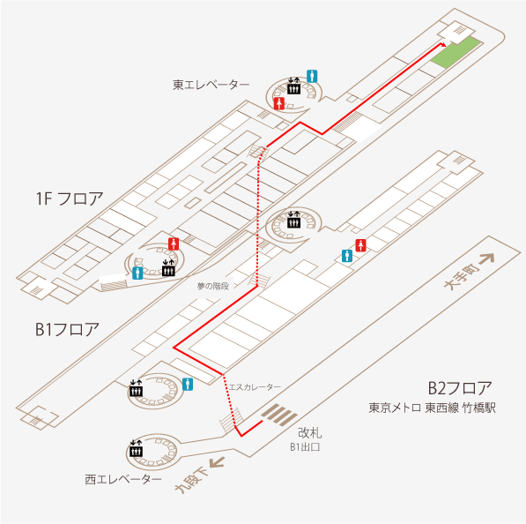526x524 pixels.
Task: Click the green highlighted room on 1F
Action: click(456, 53)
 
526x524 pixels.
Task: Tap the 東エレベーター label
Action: click(211, 85)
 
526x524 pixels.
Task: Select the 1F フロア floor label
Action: click(70, 198)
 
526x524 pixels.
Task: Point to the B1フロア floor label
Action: click(68, 330)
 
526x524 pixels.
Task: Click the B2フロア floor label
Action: click(460, 388)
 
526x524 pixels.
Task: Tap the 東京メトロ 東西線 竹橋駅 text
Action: click(432, 408)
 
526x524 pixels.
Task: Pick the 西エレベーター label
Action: click(123, 479)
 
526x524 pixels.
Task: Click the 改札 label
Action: click(309, 433)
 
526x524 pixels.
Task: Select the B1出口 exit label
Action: click(305, 447)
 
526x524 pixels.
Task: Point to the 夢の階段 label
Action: click(213, 286)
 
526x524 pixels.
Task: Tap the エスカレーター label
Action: click(255, 387)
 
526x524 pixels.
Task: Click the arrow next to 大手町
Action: click(486, 258)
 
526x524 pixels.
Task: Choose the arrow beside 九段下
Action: click(217, 462)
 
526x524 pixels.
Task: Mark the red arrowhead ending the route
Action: click(443, 45)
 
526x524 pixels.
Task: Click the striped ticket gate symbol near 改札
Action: click(279, 415)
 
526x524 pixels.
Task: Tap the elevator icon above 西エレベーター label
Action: click(137, 449)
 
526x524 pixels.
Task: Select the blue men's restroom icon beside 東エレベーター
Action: click(312, 76)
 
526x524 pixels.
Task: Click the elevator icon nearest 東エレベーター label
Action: click(294, 86)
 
